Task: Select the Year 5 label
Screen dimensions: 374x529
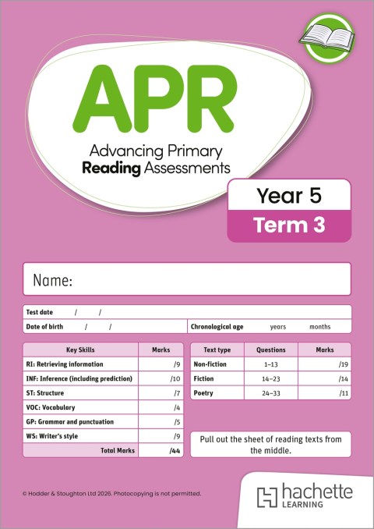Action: [289, 196]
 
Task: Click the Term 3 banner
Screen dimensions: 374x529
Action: [288, 225]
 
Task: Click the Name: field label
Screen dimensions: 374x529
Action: [53, 280]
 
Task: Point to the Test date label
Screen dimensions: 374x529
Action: [41, 312]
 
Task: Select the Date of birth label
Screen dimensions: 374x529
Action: [45, 327]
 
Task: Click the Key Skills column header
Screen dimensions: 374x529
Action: [81, 350]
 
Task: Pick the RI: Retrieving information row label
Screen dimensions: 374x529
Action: [66, 364]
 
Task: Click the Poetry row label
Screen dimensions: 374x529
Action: [204, 394]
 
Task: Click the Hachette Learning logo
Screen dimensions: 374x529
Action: [305, 496]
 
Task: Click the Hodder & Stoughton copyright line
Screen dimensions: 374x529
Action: [112, 494]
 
